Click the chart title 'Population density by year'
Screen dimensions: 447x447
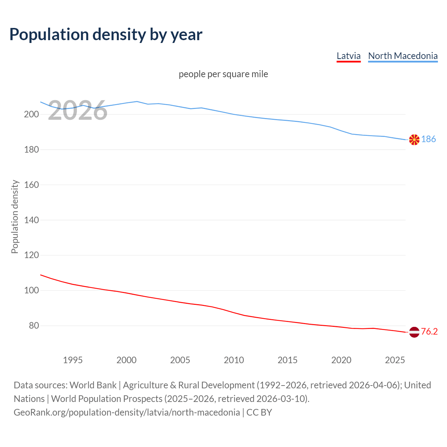click(106, 35)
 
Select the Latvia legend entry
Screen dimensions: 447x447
click(349, 56)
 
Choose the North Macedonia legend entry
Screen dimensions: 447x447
click(403, 56)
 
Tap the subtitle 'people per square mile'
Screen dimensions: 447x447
click(223, 74)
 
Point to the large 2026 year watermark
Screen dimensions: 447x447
click(78, 111)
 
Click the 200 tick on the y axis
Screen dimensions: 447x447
click(31, 114)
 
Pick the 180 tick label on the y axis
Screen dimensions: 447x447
click(31, 149)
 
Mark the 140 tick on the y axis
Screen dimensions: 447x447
click(31, 220)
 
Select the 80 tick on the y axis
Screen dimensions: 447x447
click(34, 325)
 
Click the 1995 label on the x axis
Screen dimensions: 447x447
click(73, 360)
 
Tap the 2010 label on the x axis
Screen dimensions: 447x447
click(234, 360)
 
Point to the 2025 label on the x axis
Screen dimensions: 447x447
click(395, 360)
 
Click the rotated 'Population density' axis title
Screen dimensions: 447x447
click(15, 217)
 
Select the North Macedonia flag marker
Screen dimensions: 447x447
click(414, 140)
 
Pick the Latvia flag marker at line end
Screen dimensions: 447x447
click(414, 332)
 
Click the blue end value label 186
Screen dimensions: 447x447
click(428, 139)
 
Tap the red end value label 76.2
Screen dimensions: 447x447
click(429, 332)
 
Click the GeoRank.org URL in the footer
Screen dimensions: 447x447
click(127, 412)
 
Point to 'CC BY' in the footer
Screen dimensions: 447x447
click(259, 412)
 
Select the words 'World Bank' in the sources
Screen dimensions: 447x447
click(93, 385)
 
